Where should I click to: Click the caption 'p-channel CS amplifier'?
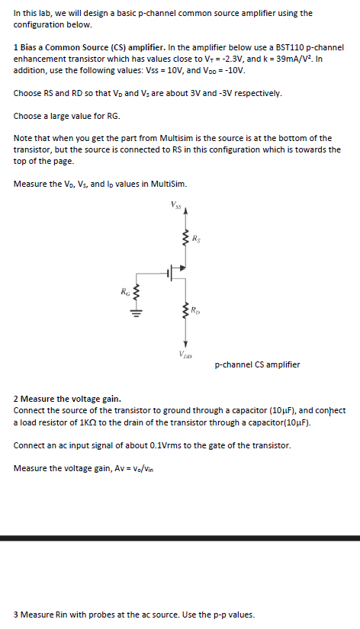point(257,364)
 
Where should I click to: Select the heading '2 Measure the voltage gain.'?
point(67,399)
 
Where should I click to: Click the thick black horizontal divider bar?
point(180,538)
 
